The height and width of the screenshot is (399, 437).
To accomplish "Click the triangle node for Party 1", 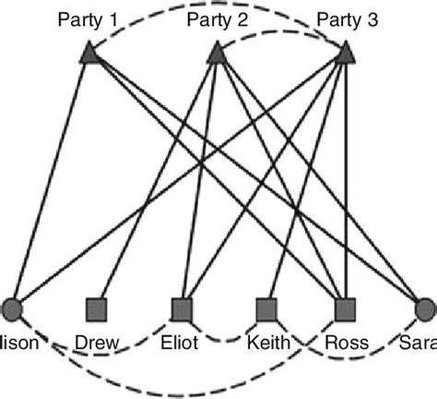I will click(x=89, y=55).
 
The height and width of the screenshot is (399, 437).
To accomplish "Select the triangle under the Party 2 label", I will click(x=216, y=55).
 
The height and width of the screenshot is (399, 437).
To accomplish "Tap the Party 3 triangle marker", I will click(x=346, y=55).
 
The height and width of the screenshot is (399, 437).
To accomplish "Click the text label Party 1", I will click(x=89, y=18).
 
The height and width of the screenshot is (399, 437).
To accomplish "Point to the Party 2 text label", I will click(x=216, y=18).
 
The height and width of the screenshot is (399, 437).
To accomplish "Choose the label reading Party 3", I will click(x=344, y=18).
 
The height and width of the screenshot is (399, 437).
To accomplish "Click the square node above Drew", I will click(x=97, y=308).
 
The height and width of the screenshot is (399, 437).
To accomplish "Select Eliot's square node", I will click(x=182, y=308).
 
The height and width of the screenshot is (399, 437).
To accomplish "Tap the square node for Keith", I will click(x=266, y=308).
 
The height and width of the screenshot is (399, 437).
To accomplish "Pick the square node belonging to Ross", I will click(x=346, y=308).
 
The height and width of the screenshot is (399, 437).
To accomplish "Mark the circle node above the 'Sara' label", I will click(x=425, y=308).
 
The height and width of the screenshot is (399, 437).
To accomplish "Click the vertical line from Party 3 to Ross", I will click(x=346, y=185).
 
